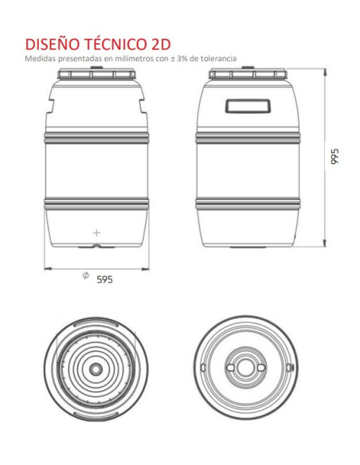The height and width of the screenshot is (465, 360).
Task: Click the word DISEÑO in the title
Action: [x=53, y=44]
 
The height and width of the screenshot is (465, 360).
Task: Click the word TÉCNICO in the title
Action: [x=115, y=43]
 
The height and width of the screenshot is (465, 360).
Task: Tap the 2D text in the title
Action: [x=159, y=44]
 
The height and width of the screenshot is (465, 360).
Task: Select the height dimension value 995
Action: [x=335, y=156]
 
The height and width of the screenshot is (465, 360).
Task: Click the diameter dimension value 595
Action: [x=105, y=279]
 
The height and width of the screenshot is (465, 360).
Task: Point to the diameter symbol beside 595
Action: [x=86, y=275]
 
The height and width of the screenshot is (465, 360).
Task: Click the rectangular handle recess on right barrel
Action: [x=248, y=106]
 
